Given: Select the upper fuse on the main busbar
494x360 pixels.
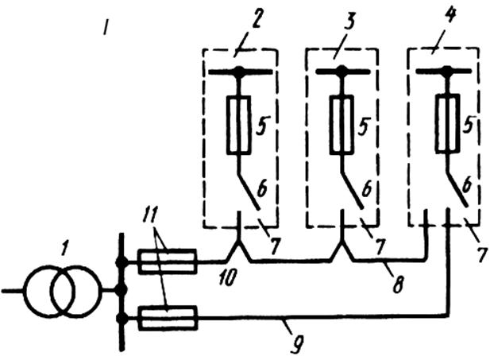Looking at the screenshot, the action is pyautogui.click(x=168, y=261).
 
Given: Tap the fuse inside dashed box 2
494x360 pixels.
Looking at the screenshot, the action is pyautogui.click(x=239, y=125).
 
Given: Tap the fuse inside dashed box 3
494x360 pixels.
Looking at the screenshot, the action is pyautogui.click(x=342, y=125).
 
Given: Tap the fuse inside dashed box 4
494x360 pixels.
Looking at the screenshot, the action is pyautogui.click(x=446, y=124).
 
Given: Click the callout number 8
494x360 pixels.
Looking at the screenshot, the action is pyautogui.click(x=396, y=284).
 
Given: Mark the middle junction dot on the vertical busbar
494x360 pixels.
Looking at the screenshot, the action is pyautogui.click(x=121, y=290).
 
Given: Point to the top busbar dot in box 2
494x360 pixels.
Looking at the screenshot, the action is pyautogui.click(x=240, y=71).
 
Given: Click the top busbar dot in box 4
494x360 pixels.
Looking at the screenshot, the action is pyautogui.click(x=446, y=70).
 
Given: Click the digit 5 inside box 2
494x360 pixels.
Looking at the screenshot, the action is pyautogui.click(x=261, y=125).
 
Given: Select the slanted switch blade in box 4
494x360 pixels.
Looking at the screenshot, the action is pyautogui.click(x=456, y=189).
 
